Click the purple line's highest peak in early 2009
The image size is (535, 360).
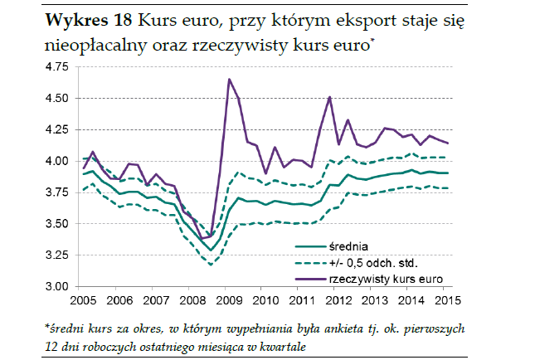[x=228, y=80]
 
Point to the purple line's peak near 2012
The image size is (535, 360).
[x=329, y=97]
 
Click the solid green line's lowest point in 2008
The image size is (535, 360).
[x=212, y=250]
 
